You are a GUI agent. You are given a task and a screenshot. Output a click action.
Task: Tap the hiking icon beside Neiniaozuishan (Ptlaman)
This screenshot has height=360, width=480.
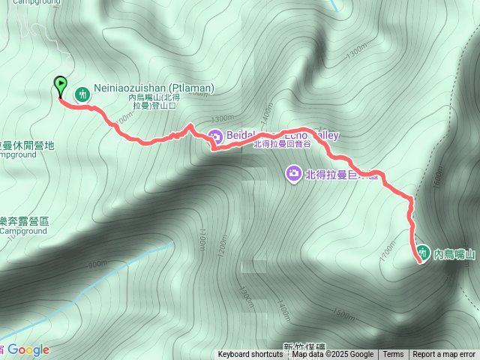pyautogui.click(x=82, y=94)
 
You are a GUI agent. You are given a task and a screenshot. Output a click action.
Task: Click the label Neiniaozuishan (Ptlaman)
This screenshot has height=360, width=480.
pyautogui.click(x=154, y=88)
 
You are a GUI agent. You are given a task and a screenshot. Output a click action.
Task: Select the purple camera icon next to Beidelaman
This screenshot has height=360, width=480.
pyautogui.click(x=215, y=136)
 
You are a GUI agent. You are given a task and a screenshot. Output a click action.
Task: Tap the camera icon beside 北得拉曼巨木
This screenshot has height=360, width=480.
pyautogui.click(x=293, y=174)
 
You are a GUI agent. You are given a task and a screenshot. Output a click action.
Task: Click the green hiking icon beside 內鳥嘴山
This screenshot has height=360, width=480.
pyautogui.click(x=421, y=253)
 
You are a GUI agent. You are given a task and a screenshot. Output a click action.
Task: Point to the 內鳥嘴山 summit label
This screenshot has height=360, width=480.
pyautogui.click(x=454, y=255)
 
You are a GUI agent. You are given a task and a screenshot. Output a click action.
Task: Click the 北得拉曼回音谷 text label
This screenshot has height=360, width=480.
pyautogui.click(x=280, y=145)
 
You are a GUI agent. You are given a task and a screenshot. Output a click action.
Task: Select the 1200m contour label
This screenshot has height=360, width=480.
pyautogui.click(x=221, y=241)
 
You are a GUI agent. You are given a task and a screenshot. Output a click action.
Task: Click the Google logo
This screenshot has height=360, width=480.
pyautogui.click(x=28, y=349)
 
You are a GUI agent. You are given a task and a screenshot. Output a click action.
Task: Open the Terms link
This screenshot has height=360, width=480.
pyautogui.click(x=393, y=355)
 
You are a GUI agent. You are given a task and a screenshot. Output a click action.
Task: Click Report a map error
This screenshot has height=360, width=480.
pyautogui.click(x=444, y=355)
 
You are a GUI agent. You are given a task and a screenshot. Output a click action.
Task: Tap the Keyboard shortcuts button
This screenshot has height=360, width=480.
pyautogui.click(x=250, y=355)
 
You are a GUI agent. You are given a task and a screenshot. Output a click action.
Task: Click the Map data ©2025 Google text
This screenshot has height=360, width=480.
pyautogui.click(x=333, y=355)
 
